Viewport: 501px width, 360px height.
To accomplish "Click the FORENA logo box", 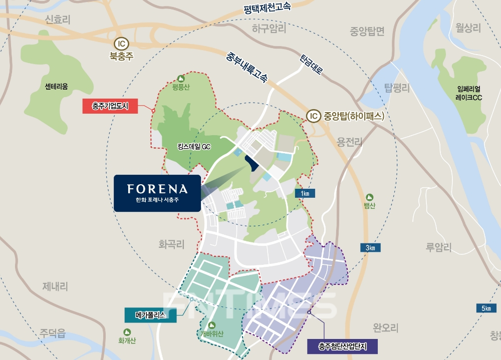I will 157,193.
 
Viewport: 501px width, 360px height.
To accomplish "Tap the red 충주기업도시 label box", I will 110,106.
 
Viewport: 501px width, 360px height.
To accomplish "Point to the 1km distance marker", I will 305,193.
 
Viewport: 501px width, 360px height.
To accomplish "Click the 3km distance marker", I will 370,247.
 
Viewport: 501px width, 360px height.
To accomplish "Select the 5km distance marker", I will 485,308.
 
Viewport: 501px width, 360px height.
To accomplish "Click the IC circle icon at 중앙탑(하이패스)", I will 313,116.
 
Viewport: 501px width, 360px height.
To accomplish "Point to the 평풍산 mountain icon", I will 181,79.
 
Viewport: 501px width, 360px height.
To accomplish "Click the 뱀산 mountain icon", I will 370,197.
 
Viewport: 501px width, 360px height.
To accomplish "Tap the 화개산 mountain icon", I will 127,331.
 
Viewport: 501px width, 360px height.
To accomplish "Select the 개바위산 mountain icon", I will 211,325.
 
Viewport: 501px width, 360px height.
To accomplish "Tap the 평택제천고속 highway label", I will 267,8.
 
